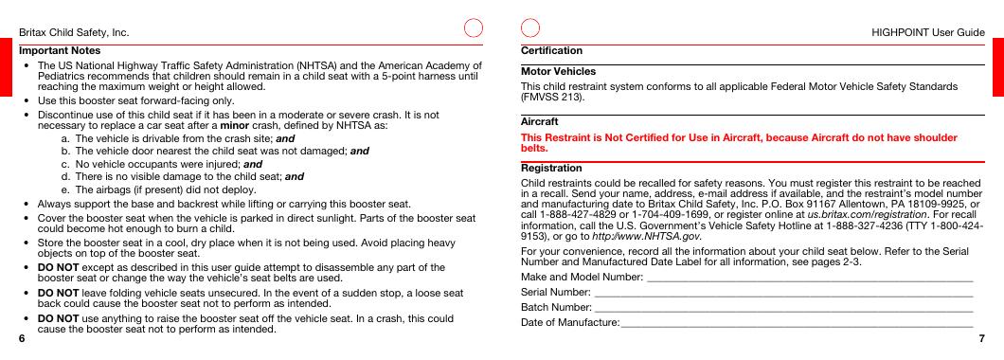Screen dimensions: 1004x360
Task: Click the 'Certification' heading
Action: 551,49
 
